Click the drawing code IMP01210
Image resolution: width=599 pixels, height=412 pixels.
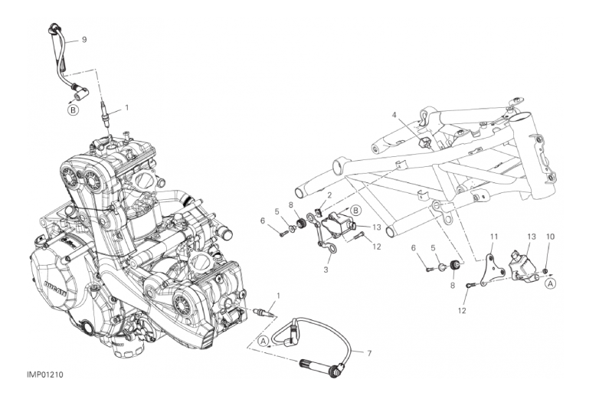pos(45,374)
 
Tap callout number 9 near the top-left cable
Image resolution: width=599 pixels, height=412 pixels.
pos(84,39)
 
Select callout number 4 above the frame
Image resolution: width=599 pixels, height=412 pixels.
pos(394,114)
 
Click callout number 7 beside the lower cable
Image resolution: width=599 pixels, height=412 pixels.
pos(369,354)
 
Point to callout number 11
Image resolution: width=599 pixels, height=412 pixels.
pos(494,237)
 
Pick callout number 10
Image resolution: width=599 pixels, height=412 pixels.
pos(550,237)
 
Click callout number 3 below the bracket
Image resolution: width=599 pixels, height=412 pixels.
pos(326,270)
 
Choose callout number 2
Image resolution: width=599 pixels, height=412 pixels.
pos(329,195)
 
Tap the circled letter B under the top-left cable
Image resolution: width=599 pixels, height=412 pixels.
pos(74,111)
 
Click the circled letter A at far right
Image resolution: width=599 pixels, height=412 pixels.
pos(550,283)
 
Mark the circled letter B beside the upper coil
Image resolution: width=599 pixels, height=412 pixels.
pos(355,210)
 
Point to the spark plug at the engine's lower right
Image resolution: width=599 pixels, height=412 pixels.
pos(264,312)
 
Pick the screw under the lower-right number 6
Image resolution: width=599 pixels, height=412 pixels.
pos(429,270)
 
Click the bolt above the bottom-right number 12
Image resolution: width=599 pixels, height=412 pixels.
pos(470,285)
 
